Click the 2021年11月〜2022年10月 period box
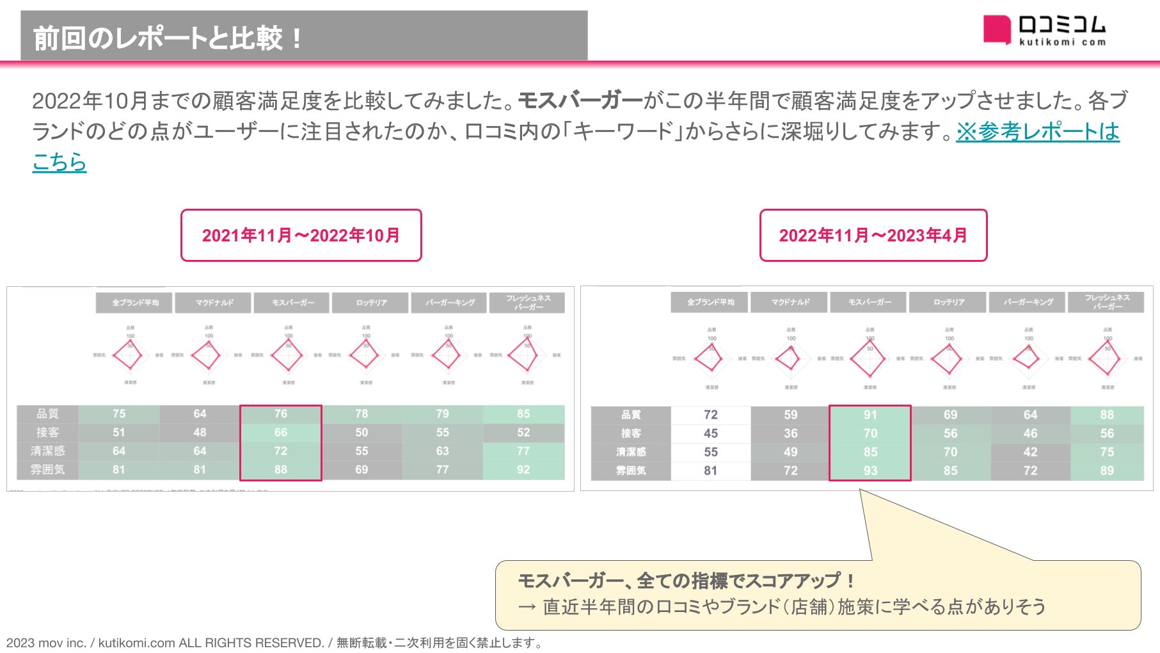[x=301, y=236]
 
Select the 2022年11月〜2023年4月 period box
[x=873, y=236]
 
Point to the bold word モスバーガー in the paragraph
[x=580, y=101]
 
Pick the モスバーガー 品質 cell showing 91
[x=870, y=415]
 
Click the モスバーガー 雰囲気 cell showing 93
[x=870, y=471]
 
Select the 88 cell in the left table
[x=281, y=469]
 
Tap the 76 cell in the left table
[x=281, y=414]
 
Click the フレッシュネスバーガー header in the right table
[x=1107, y=302]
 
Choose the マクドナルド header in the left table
[x=214, y=303]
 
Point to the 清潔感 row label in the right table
[x=631, y=452]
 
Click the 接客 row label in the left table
[x=47, y=433]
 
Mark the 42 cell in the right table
[x=1030, y=452]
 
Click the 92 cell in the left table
[x=523, y=469]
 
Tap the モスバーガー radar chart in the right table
[x=870, y=359]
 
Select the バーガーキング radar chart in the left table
[x=448, y=355]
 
